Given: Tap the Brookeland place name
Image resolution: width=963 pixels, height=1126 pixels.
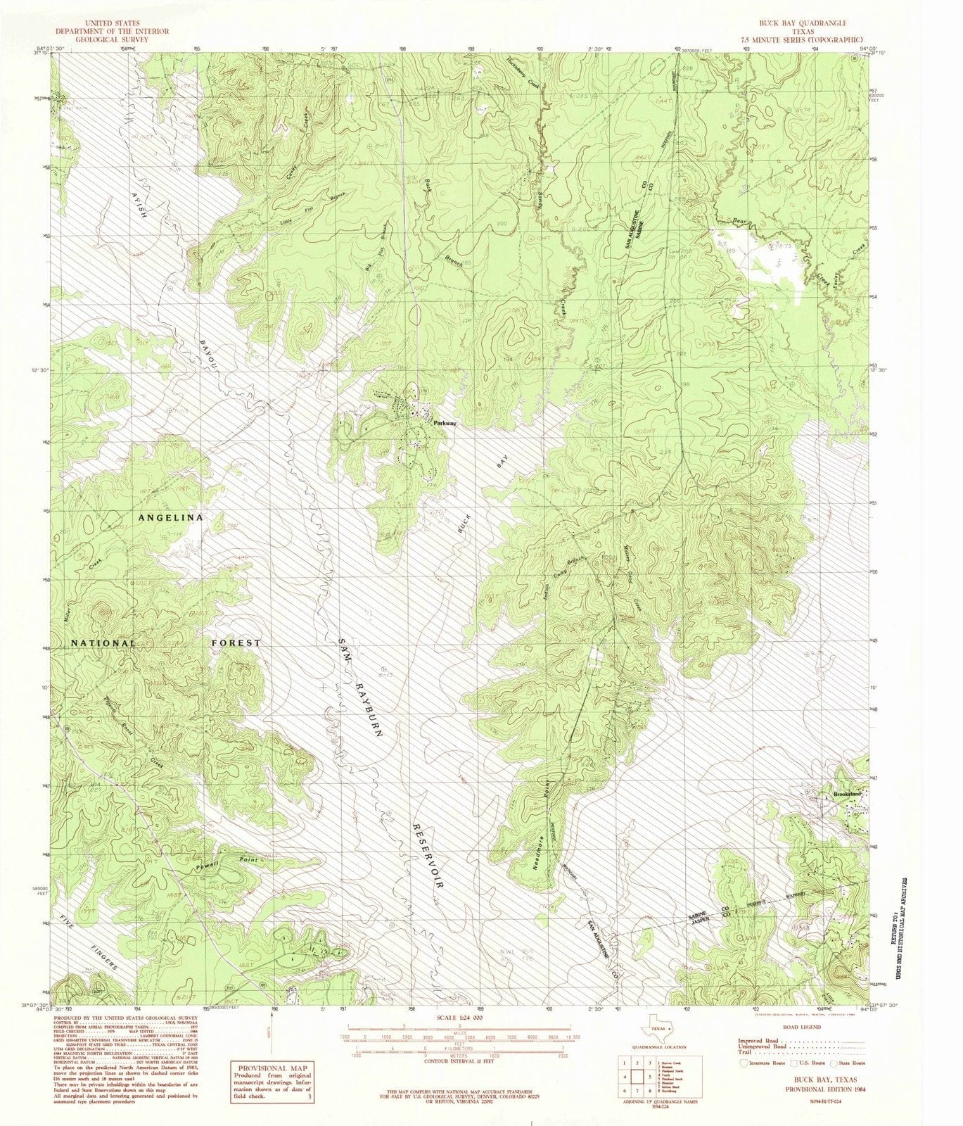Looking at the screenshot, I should pos(847,794).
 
